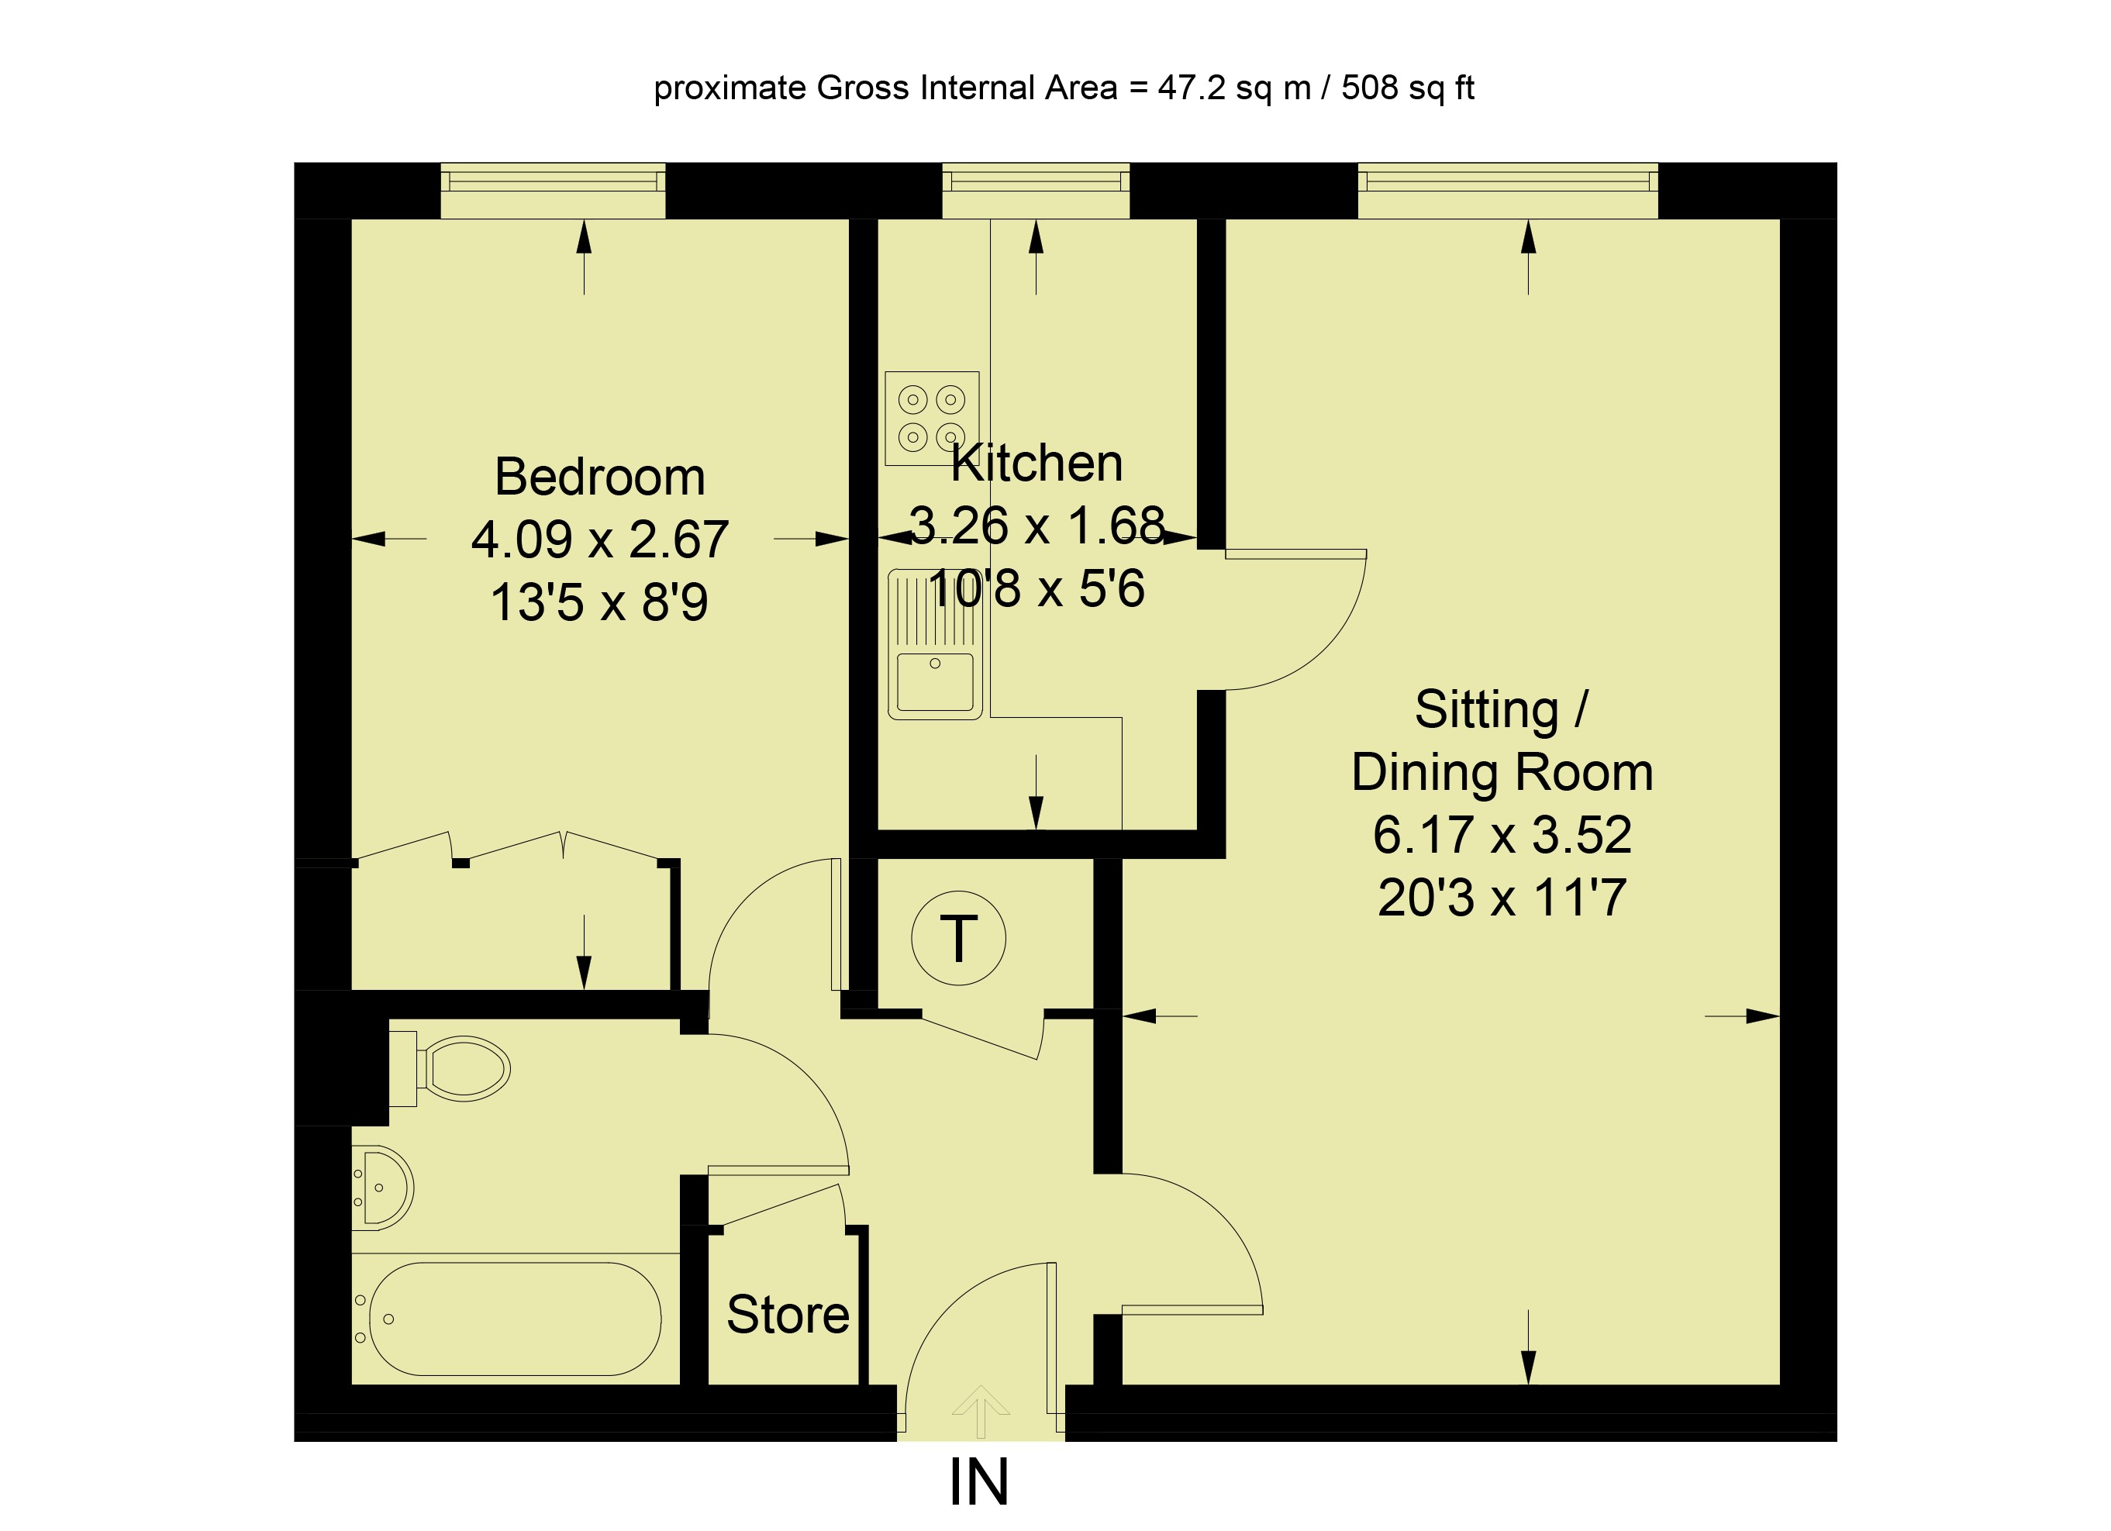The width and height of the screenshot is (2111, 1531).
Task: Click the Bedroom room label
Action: tap(599, 478)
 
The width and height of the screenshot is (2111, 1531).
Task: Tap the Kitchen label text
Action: tap(1037, 464)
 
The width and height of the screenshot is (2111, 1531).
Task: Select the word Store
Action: tap(788, 1314)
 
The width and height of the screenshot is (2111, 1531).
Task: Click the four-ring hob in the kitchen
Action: tap(932, 418)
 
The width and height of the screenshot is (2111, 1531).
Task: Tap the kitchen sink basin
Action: tap(934, 681)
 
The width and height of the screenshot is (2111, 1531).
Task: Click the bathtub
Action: tap(515, 1319)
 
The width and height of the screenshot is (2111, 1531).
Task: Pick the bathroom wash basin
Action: tap(384, 1188)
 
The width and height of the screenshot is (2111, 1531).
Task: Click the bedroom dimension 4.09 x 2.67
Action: tap(599, 540)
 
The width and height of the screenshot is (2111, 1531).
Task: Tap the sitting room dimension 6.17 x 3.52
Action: tap(1502, 835)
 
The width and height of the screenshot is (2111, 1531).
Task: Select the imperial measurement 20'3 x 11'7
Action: tap(1502, 898)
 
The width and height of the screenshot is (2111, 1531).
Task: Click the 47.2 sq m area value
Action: tap(1234, 88)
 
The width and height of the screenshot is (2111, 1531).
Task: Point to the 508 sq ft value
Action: tap(1407, 88)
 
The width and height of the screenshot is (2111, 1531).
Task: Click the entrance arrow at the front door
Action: tap(980, 1411)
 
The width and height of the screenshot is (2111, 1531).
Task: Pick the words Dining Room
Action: tap(1502, 773)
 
